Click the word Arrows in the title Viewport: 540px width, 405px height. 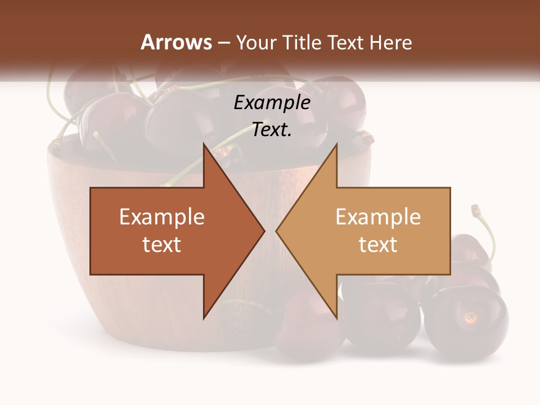(x=176, y=42)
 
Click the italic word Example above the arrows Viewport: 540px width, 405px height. (x=272, y=103)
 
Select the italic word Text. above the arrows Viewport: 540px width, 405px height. (x=272, y=130)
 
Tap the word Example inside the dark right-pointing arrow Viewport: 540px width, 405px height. (x=162, y=217)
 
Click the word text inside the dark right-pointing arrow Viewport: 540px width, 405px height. (x=162, y=245)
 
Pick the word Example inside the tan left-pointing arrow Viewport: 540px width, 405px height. (x=378, y=217)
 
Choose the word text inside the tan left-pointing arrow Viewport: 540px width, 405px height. (x=378, y=245)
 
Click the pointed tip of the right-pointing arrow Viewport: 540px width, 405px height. (x=263, y=231)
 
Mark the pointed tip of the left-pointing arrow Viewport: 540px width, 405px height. (x=277, y=231)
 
